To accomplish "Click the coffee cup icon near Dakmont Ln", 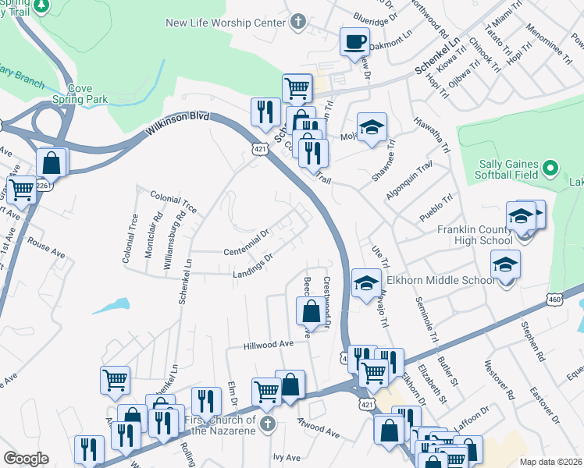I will [354, 41].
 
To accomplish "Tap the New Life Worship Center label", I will [226, 23].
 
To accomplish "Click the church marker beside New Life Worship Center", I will [297, 23].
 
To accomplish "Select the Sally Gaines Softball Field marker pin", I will [550, 168].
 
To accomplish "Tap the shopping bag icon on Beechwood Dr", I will [311, 311].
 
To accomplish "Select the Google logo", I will [26, 459].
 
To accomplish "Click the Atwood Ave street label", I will [319, 430].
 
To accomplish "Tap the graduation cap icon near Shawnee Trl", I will [372, 127].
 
